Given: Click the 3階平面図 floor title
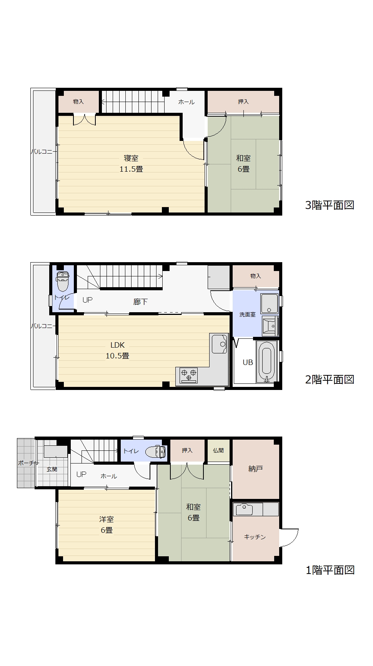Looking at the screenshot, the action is coord(330,205).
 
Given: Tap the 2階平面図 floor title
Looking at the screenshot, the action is coord(330,380).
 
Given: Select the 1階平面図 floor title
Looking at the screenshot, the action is coord(330,570).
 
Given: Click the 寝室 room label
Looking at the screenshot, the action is coord(131,158).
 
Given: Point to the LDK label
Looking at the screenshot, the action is coord(117,345).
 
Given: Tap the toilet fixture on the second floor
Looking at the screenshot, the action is coord(63,281).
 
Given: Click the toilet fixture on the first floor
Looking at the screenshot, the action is coord(156,451).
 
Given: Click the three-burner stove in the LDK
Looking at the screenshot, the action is coord(189,375).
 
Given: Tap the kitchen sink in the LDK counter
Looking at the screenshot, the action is coord(220,343).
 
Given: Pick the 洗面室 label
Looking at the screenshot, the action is coord(247,315).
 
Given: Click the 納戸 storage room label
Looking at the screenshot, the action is coord(255,469).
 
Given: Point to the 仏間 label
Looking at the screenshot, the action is coord(218,450).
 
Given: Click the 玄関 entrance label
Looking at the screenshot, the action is coord(52,469).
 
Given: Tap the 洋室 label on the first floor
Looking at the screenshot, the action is coord(106,519).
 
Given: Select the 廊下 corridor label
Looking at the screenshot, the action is coord(140,302).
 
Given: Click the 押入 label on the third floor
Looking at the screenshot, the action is coord(243,102).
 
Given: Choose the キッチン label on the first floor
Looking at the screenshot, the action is coord(255,537).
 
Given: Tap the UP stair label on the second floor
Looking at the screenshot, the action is coord(87,300).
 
